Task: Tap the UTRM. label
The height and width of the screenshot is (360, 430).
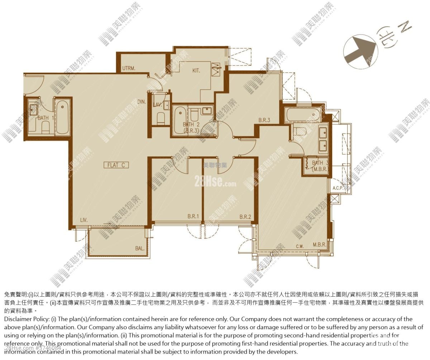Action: click(x=129, y=68)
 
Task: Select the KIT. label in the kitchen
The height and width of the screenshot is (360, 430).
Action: click(x=196, y=71)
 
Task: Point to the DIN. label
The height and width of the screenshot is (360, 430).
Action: click(x=142, y=102)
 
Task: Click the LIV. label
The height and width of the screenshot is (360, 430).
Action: click(x=84, y=220)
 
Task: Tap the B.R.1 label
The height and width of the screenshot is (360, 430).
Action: click(x=193, y=217)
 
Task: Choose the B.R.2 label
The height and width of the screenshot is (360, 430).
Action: click(x=245, y=217)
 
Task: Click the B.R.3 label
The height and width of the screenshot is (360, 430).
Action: click(x=264, y=120)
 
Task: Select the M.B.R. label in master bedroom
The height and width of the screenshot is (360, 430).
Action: click(x=319, y=245)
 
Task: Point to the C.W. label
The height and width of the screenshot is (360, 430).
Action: click(x=300, y=246)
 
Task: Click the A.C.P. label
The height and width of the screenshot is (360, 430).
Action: click(x=338, y=188)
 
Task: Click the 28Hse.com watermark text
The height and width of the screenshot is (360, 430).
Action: click(x=215, y=182)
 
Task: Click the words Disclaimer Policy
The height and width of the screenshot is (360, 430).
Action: click(x=25, y=319)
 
